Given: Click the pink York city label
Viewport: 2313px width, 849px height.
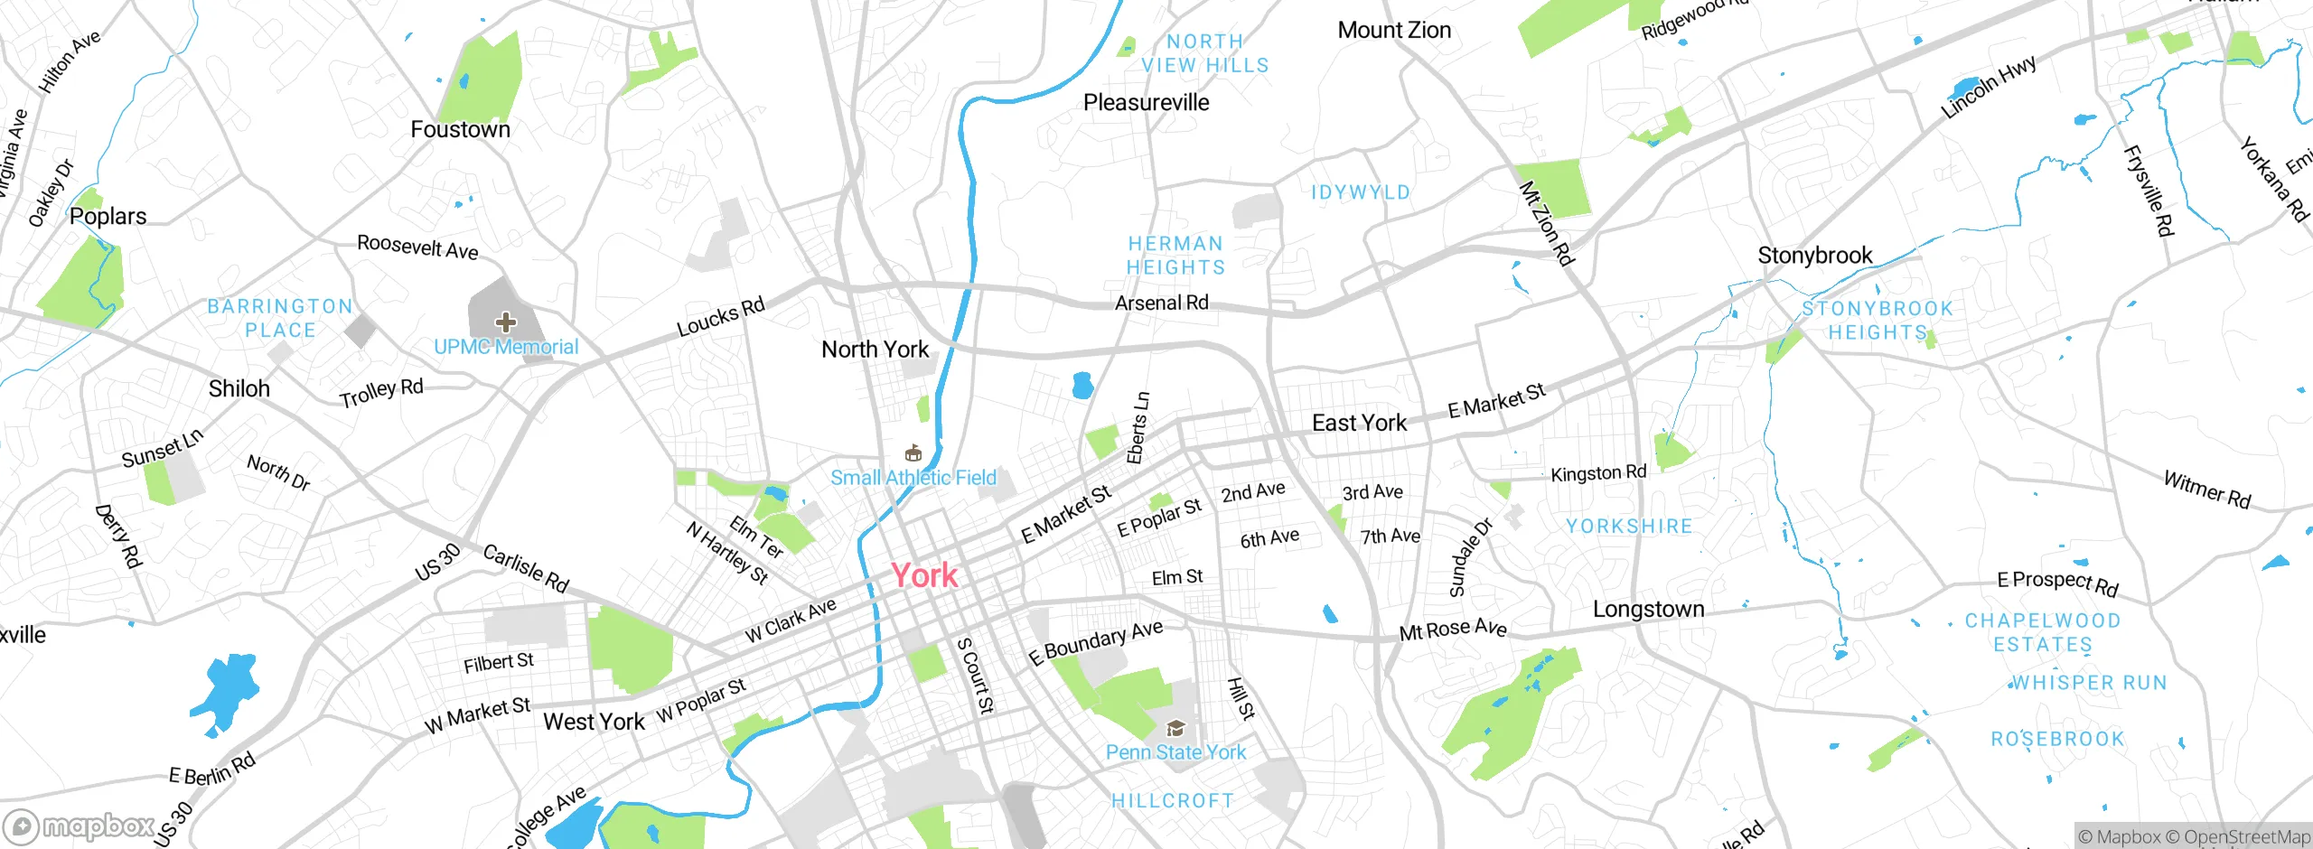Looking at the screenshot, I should click(924, 575).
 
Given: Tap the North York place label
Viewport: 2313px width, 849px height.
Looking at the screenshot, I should click(875, 350).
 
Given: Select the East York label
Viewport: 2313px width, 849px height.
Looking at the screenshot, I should click(1359, 423).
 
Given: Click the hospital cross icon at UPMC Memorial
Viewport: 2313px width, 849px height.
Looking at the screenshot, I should click(506, 322).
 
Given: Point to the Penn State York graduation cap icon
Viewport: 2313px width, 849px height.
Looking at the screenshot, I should click(1175, 728).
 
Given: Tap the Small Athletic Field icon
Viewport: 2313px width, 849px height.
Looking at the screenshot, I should click(913, 453).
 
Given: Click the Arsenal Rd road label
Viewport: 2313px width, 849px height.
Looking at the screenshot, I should click(1161, 303).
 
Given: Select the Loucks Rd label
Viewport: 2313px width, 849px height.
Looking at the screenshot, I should click(720, 317).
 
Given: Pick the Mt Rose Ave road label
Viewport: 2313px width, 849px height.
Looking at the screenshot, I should click(1452, 630).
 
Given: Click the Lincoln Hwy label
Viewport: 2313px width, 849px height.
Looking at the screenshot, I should click(1988, 87).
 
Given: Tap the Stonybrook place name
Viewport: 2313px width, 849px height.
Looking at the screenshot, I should click(1814, 256).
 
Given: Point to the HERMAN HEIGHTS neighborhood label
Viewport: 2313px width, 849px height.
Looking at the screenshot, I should click(1175, 256).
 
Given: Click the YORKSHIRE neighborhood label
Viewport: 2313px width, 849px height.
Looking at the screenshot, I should click(1629, 527).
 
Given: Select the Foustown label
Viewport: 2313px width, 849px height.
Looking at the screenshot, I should click(460, 130).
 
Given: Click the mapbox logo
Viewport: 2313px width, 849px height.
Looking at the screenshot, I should click(79, 826).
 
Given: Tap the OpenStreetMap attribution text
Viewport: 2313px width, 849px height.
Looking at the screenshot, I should click(2246, 837).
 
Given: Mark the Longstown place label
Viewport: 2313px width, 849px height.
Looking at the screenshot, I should click(1648, 610).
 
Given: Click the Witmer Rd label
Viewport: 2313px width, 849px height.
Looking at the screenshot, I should click(2206, 490).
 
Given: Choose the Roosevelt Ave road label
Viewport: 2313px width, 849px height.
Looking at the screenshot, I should click(417, 247).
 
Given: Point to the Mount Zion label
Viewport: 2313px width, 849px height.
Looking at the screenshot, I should click(1394, 31).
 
